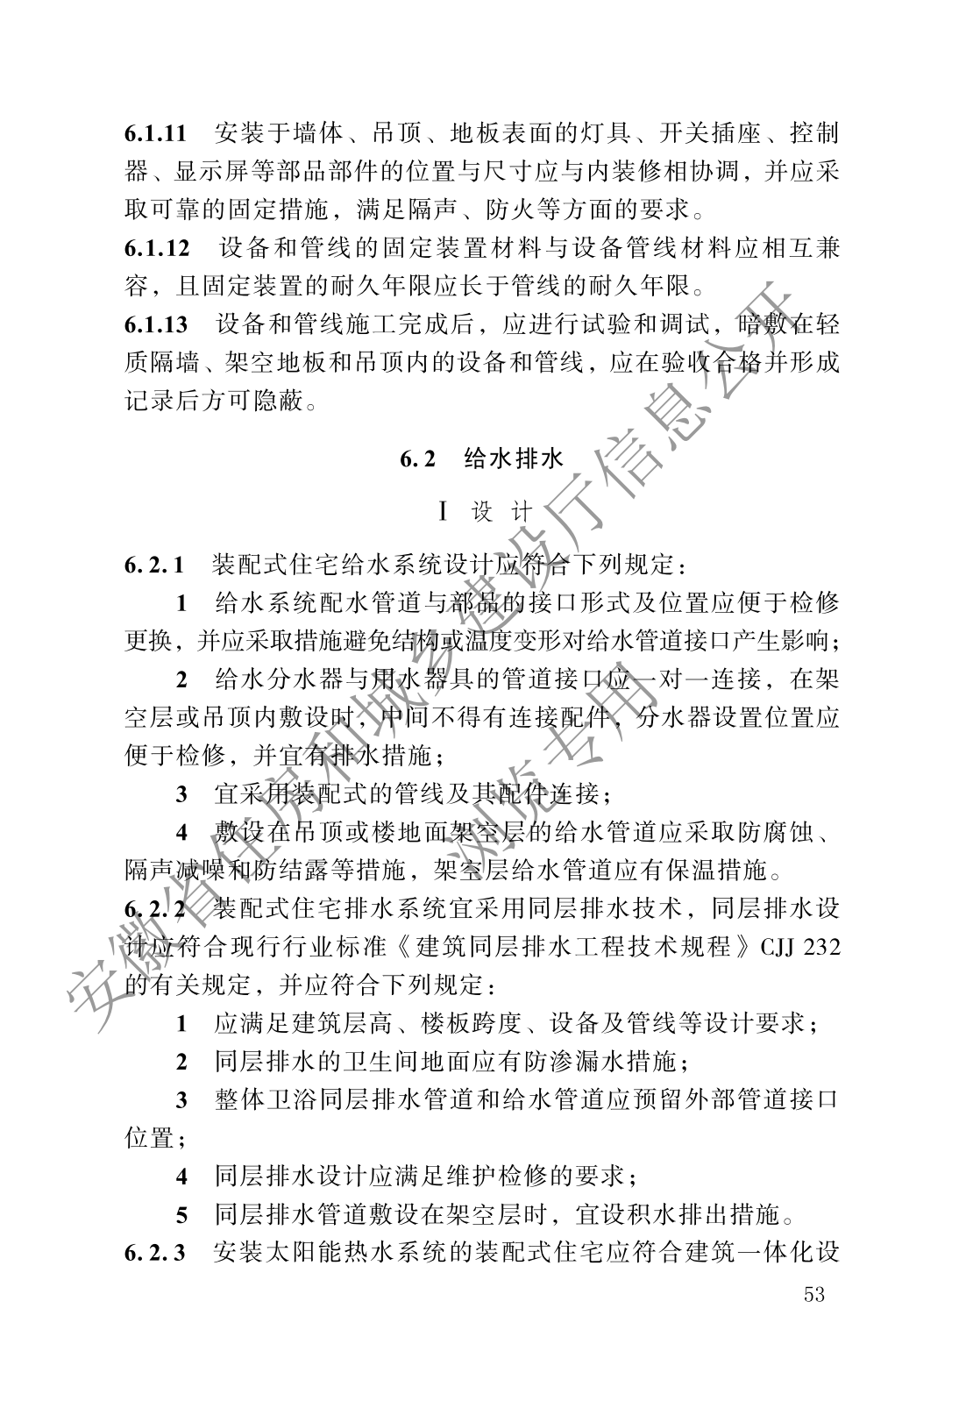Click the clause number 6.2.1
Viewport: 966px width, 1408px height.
click(153, 564)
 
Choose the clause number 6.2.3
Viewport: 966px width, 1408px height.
click(153, 1251)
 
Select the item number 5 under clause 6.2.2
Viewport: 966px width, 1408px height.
click(181, 1214)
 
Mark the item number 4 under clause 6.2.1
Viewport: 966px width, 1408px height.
click(181, 831)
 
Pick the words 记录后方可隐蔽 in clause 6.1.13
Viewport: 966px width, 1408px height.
click(217, 401)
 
